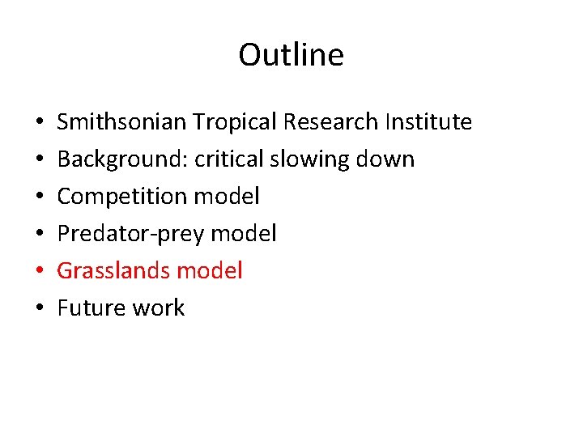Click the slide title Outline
(291, 55)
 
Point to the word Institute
(428, 122)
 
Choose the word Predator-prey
(130, 234)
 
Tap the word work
(160, 308)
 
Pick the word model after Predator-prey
(244, 234)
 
